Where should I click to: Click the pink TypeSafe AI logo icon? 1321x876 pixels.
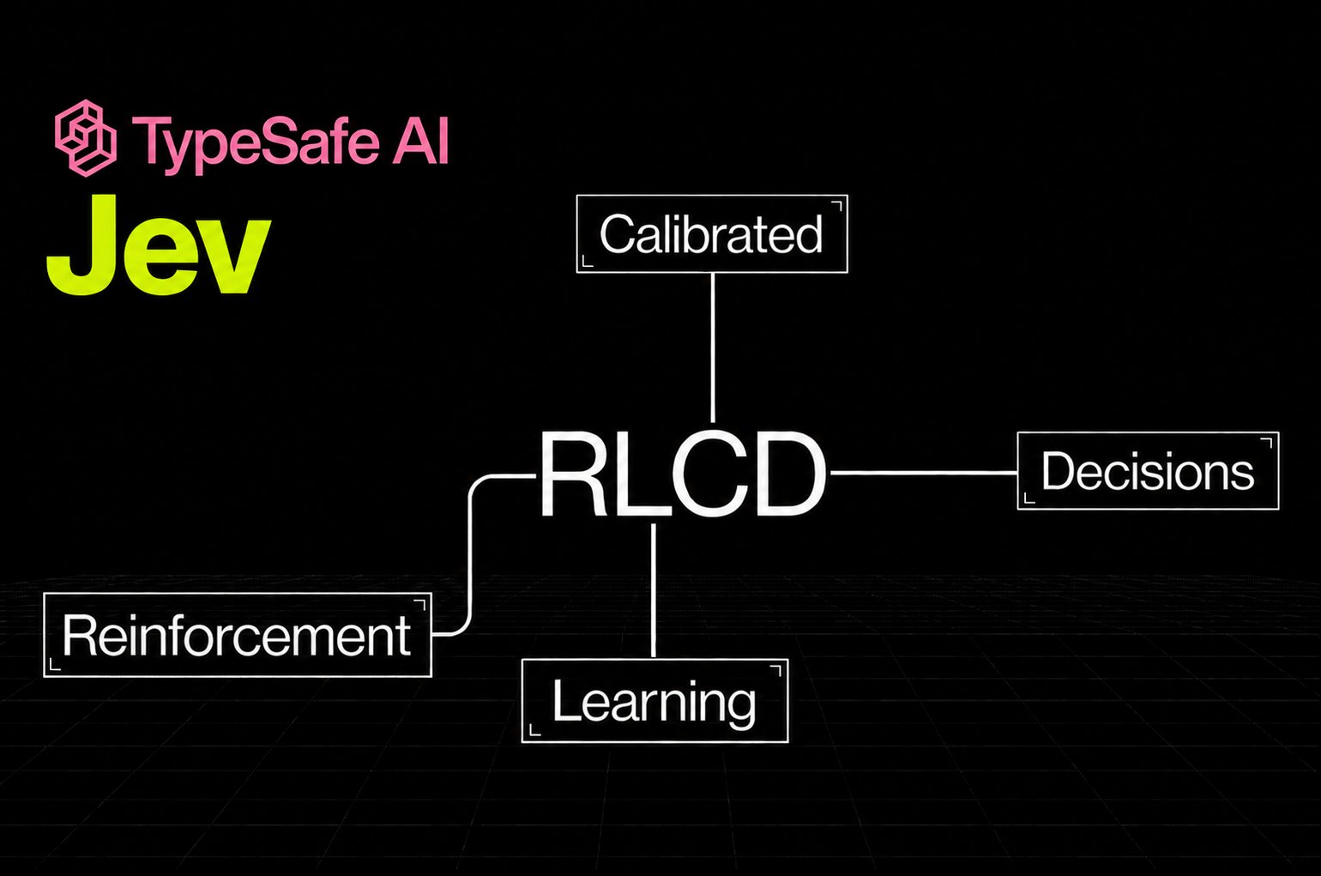(x=86, y=138)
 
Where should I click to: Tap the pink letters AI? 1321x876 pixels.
(x=420, y=140)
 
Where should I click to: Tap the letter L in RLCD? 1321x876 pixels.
(x=639, y=474)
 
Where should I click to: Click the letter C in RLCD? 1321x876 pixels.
(x=708, y=474)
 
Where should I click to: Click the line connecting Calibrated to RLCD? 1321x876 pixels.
(x=712, y=347)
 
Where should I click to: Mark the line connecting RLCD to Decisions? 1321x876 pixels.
(x=924, y=473)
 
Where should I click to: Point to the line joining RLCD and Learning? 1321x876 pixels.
(x=654, y=590)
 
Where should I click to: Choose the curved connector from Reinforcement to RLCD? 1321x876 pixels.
(x=471, y=554)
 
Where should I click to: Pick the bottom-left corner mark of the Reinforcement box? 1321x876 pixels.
(x=55, y=665)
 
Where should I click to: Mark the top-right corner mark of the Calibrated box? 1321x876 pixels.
(x=837, y=206)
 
